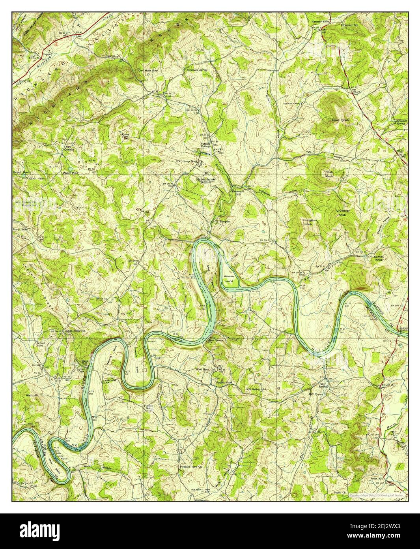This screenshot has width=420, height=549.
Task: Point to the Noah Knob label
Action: point(329,174)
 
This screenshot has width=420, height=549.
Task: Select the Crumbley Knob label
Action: point(342,212)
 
